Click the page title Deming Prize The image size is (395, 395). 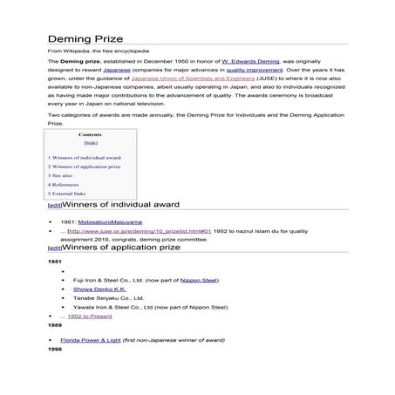coord(85,39)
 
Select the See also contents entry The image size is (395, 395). coord(60,175)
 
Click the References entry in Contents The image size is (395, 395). coord(63,185)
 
